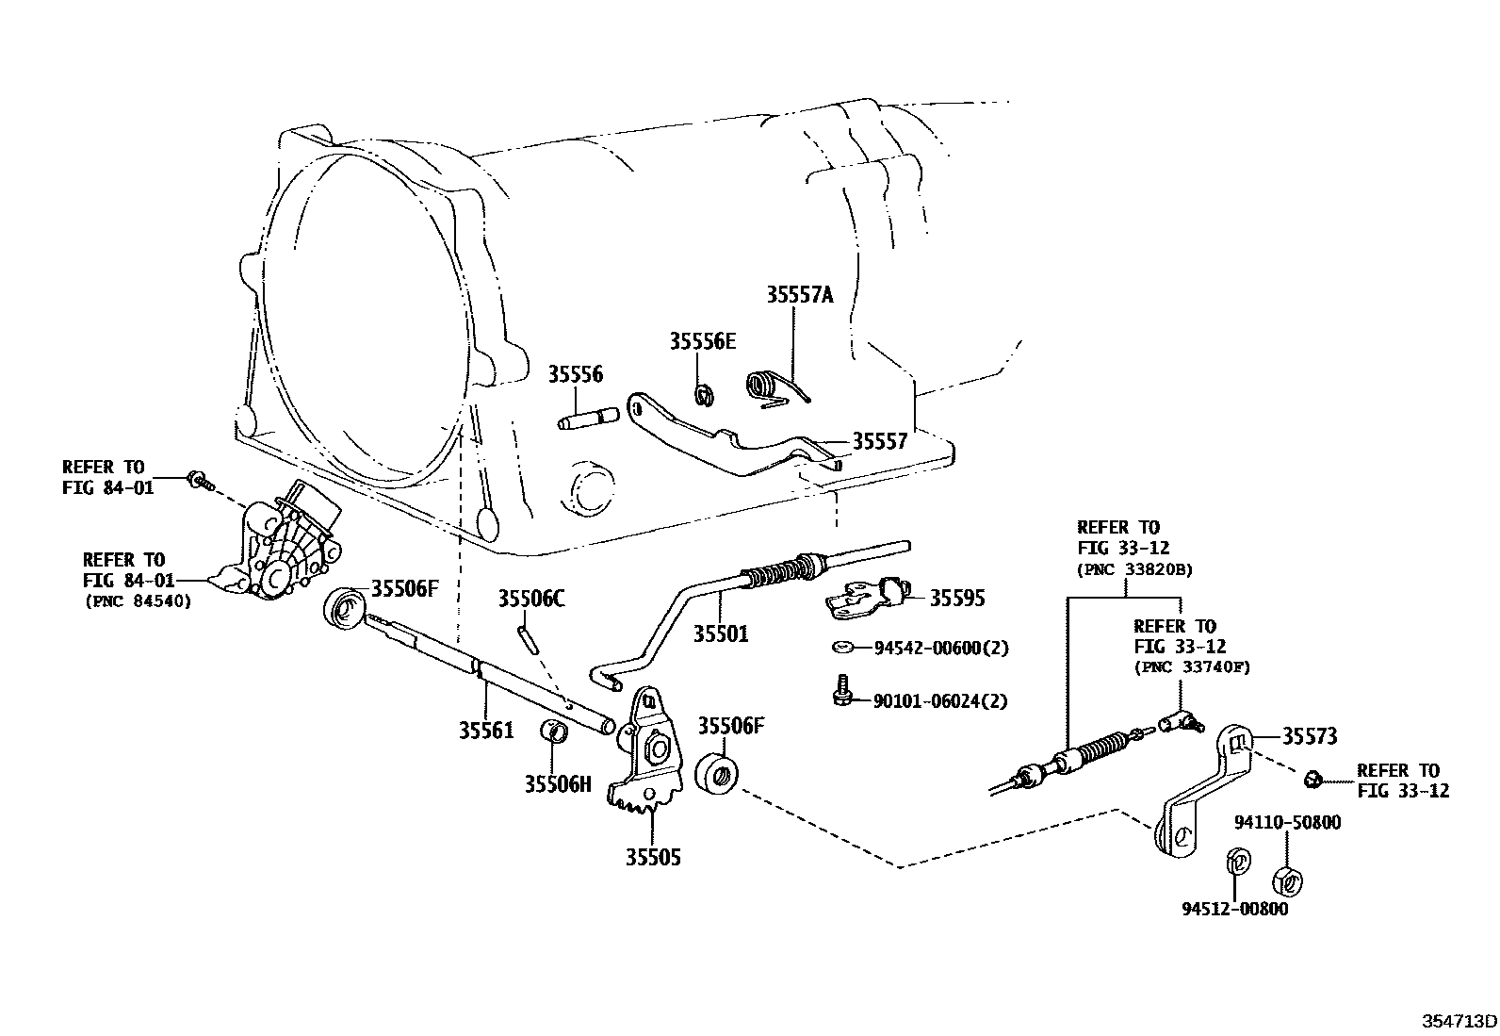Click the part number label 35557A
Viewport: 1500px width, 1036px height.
(x=799, y=294)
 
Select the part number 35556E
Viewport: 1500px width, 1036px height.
(x=702, y=341)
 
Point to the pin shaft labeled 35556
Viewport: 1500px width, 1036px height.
(x=587, y=417)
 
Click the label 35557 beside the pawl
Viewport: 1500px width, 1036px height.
(x=879, y=441)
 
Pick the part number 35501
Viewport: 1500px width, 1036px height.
(x=721, y=634)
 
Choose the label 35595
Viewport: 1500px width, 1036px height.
(x=956, y=598)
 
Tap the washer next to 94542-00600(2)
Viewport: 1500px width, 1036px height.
(x=843, y=648)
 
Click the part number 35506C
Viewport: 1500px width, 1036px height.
(x=530, y=599)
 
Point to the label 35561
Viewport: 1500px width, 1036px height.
(x=486, y=730)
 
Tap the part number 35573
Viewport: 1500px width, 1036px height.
(x=1310, y=736)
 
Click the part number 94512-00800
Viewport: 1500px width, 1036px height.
(x=1235, y=909)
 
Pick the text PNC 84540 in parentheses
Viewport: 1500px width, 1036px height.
(x=138, y=600)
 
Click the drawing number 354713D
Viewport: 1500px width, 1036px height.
(x=1459, y=1021)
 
